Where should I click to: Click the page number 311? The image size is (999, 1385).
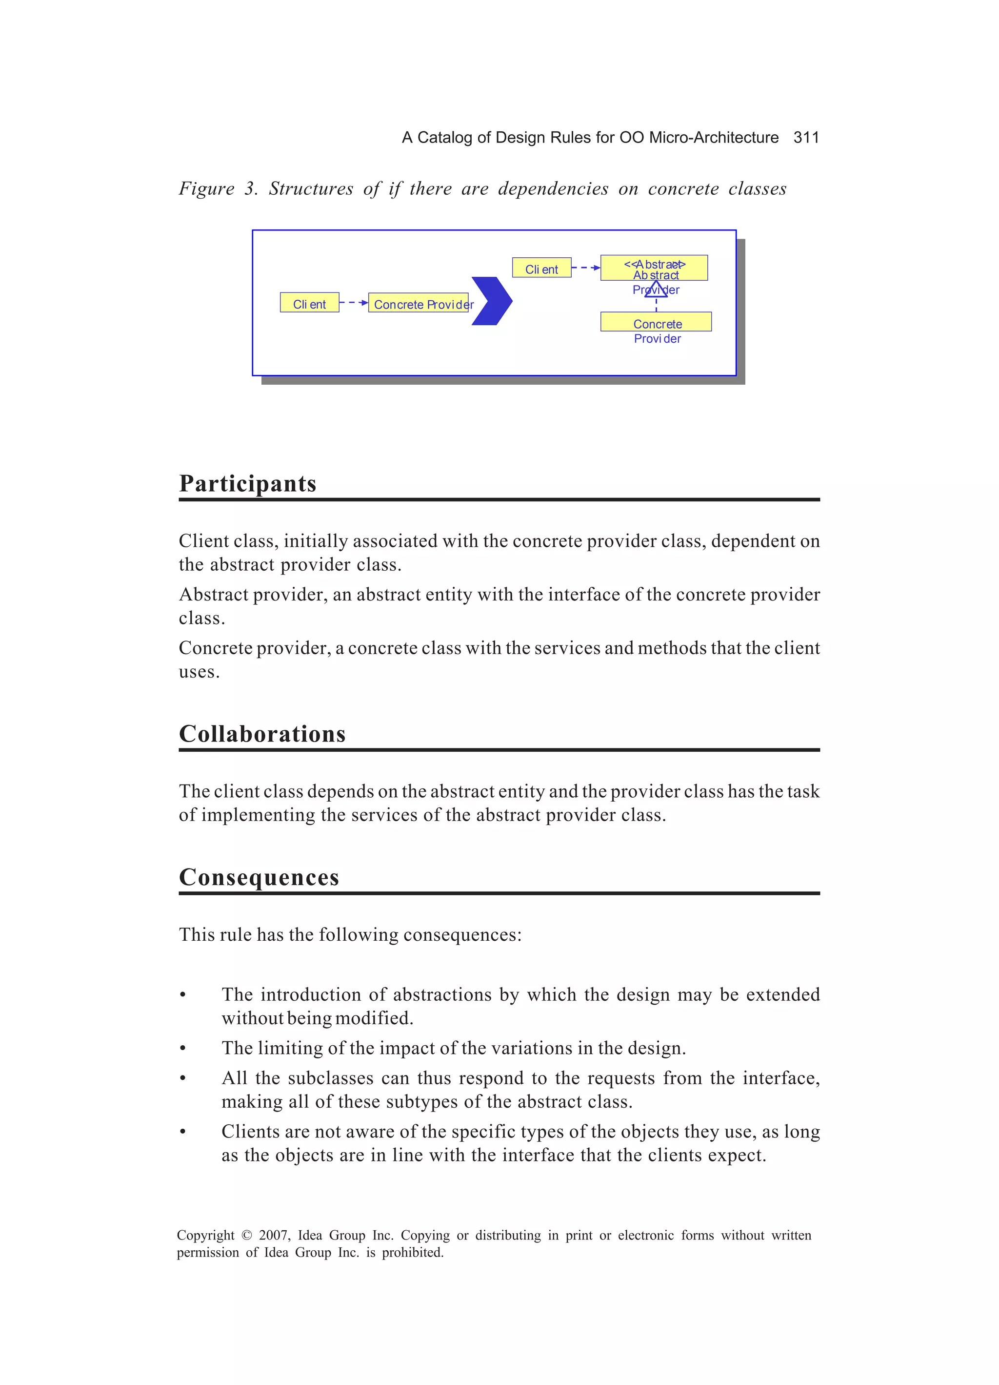click(x=805, y=137)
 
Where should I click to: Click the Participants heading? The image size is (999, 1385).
click(x=247, y=484)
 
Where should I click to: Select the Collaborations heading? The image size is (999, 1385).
click(x=262, y=734)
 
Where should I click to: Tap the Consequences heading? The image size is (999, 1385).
click(x=259, y=878)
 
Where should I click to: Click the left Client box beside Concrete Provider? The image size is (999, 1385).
click(x=309, y=303)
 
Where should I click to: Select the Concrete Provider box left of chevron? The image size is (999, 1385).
click(x=419, y=304)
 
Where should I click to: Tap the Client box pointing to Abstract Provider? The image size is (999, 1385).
click(x=541, y=268)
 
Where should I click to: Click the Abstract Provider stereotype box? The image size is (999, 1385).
click(x=654, y=268)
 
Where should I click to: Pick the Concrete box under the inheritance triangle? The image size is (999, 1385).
click(x=656, y=322)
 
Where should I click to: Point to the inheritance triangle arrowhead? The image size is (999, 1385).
click(x=656, y=289)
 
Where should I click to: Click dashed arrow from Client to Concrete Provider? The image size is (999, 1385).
click(x=353, y=303)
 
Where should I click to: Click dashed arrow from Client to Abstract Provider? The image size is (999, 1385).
click(x=586, y=268)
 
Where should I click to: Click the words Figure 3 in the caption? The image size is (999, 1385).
click(x=217, y=189)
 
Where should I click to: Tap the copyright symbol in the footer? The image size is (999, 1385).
click(x=246, y=1236)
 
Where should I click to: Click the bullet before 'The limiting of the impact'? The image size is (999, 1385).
click(x=182, y=1049)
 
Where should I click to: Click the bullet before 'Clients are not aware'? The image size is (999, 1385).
click(x=182, y=1133)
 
